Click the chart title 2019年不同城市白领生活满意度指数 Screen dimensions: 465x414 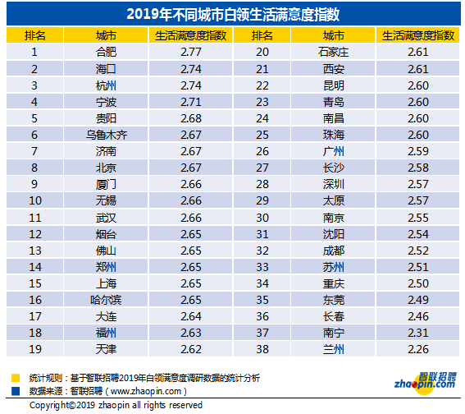coord(233,14)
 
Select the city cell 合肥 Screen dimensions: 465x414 coord(106,53)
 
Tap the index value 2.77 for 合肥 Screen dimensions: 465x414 coord(191,53)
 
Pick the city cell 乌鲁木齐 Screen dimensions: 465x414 coord(106,136)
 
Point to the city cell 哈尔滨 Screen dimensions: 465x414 coord(106,300)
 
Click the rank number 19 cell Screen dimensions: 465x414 coord(35,349)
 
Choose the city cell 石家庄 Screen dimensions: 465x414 coord(333,53)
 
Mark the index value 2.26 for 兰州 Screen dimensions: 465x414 coord(418,349)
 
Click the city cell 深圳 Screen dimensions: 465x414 coord(334,185)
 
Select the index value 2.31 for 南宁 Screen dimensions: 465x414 coord(418,333)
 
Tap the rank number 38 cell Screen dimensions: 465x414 coord(262,349)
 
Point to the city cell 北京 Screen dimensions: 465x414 coord(106,168)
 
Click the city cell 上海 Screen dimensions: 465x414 coord(106,283)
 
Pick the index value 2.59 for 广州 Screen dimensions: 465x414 coord(418,151)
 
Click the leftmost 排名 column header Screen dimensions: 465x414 coord(35,35)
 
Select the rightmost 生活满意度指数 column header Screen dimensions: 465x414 coord(418,35)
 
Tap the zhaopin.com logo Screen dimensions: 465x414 coord(426,382)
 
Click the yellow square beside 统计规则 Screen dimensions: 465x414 coord(16,378)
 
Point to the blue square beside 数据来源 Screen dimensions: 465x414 coord(16,391)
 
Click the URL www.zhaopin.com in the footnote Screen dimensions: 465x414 coord(146,392)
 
